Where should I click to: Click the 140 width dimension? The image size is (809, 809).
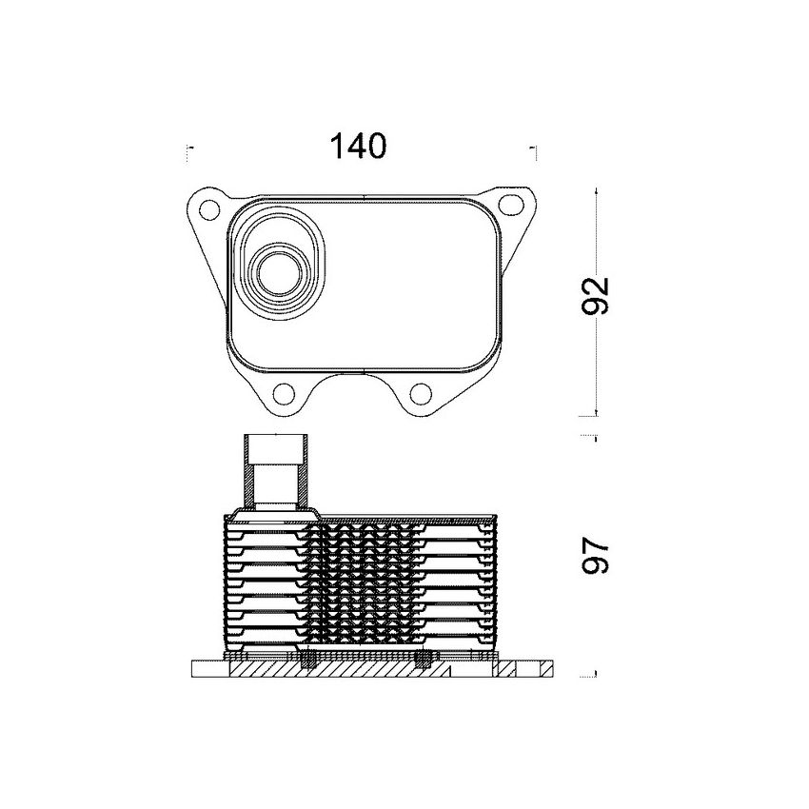tap(358, 147)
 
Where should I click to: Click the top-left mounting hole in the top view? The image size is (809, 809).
tap(207, 205)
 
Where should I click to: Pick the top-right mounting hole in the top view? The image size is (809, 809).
tap(513, 205)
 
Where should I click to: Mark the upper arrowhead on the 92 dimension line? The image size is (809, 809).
tap(595, 190)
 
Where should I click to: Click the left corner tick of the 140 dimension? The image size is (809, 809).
tap(189, 149)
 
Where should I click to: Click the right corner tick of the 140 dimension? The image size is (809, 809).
tap(536, 149)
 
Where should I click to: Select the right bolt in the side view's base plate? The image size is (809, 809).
tap(426, 661)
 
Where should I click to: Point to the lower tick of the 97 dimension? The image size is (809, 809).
tap(594, 675)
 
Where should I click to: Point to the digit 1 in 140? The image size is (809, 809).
tap(336, 147)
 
